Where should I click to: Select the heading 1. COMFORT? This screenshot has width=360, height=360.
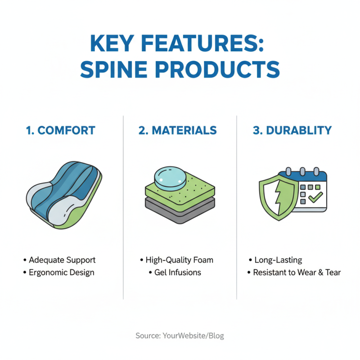point(60,130)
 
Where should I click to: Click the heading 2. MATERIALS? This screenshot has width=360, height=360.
point(178,130)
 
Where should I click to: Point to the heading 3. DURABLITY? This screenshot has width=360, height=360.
point(292,130)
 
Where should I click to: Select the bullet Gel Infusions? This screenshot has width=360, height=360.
point(178,273)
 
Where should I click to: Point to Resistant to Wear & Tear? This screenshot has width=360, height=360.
point(297,273)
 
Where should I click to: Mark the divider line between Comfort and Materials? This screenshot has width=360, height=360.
point(123,207)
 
